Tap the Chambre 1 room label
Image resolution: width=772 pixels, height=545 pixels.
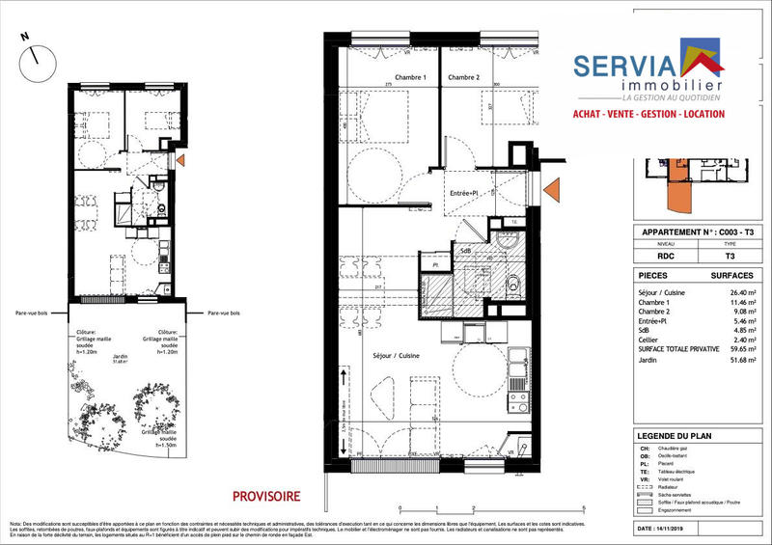[384, 76]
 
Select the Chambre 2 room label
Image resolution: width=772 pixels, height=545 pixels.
[464, 76]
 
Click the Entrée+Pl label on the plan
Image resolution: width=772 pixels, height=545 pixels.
[465, 193]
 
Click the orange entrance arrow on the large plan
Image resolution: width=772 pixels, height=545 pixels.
[552, 191]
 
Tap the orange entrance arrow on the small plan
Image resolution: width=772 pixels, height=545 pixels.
[182, 158]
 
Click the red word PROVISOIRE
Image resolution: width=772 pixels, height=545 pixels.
[266, 496]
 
